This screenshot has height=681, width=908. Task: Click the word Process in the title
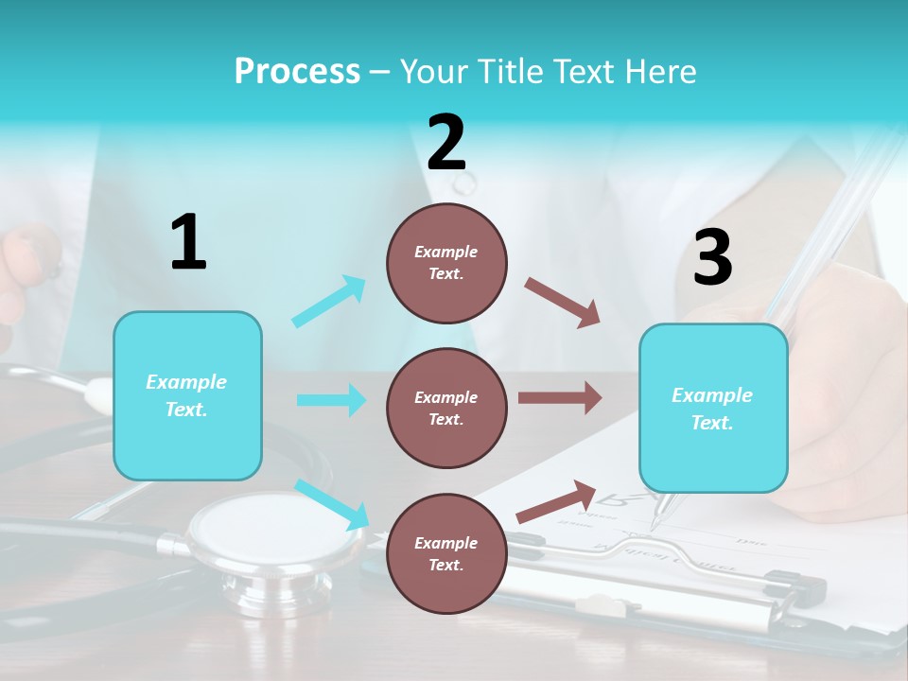coord(297,72)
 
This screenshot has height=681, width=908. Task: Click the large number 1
coord(188,243)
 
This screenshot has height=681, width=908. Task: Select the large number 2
coord(446,143)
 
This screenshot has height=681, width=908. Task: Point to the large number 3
coord(712,258)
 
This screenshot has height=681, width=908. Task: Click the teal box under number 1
coord(187,395)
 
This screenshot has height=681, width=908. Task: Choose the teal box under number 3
coord(713,408)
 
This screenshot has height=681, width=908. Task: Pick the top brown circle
coord(446,263)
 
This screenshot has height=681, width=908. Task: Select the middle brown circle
coord(446,408)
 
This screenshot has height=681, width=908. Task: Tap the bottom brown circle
coord(446,553)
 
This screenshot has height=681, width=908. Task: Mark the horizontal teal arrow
coord(332,400)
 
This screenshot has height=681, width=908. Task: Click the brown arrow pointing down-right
coord(563,303)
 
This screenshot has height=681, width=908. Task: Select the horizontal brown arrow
coord(560,398)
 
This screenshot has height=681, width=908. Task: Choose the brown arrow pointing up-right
coord(556,501)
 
